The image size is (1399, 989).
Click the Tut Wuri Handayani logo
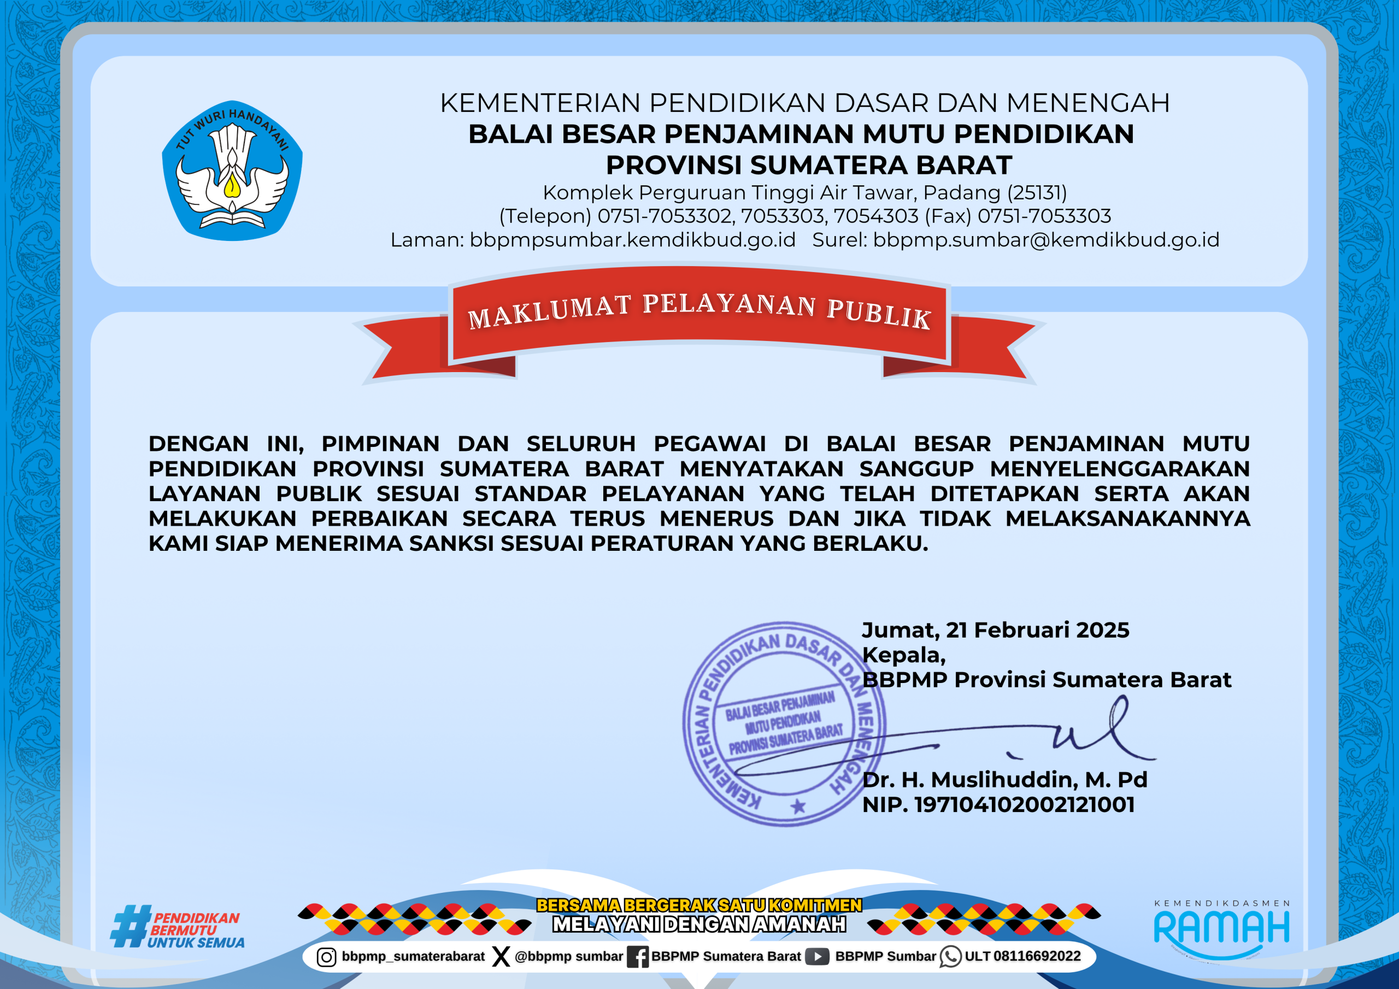[x=232, y=170]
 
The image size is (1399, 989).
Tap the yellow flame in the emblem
[x=232, y=185]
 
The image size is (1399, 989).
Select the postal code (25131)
[x=1037, y=192]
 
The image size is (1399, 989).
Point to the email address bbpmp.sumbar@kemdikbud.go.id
[x=1046, y=240]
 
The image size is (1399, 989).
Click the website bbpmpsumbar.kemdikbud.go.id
[x=632, y=240]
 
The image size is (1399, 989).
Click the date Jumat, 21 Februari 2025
[x=995, y=630]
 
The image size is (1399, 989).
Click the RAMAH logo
[x=1222, y=930]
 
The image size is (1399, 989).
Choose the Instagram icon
[x=327, y=957]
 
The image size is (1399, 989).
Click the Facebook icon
[x=637, y=957]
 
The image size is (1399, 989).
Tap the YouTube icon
[x=817, y=957]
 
